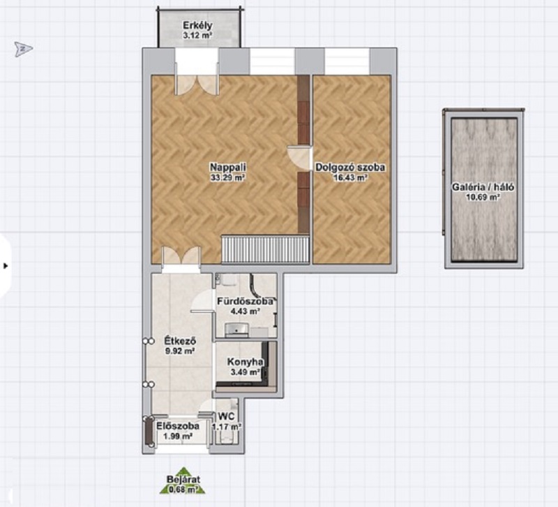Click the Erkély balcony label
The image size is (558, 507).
197,26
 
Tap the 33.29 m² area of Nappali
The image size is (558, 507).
228,177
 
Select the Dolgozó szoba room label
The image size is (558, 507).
350,167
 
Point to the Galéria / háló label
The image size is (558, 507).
483,186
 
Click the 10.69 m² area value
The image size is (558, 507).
483,196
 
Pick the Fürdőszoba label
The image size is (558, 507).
246,301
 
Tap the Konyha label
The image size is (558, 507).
246,362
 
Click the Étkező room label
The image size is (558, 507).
180,341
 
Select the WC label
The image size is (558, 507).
226,416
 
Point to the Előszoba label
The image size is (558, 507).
178,426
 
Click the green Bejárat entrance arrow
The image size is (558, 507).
183,480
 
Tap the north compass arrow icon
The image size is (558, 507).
24,48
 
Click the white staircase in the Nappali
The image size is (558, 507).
265,249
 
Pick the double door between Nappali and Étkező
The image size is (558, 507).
181,256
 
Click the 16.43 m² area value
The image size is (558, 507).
350,177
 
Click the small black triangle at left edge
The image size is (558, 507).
6,266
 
